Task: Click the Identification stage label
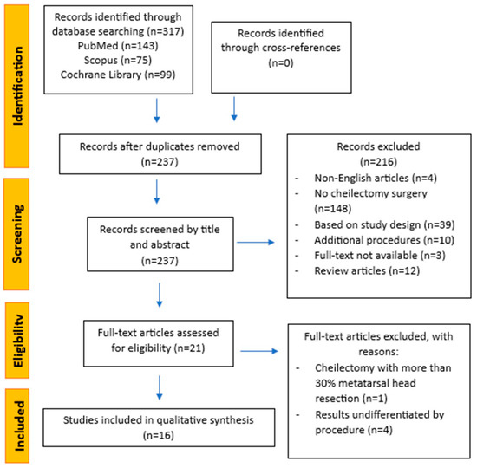point(17,86)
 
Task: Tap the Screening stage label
point(16,234)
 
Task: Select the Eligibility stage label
point(17,341)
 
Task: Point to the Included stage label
point(18,426)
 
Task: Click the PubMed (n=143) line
point(118,46)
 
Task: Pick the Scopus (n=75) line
point(118,60)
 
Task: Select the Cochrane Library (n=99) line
point(118,75)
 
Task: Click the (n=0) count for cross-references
point(281,62)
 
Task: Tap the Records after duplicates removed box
point(160,154)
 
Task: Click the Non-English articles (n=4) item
point(376,178)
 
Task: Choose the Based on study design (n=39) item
point(384,224)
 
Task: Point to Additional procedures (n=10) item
point(384,240)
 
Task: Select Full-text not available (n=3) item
point(380,255)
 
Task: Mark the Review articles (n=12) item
point(367,270)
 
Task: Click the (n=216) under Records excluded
point(378,161)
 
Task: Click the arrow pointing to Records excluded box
point(256,243)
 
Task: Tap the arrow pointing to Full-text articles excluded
point(259,351)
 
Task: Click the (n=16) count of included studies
point(159,435)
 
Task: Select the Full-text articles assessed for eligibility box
point(159,343)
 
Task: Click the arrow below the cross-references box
point(234,109)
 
